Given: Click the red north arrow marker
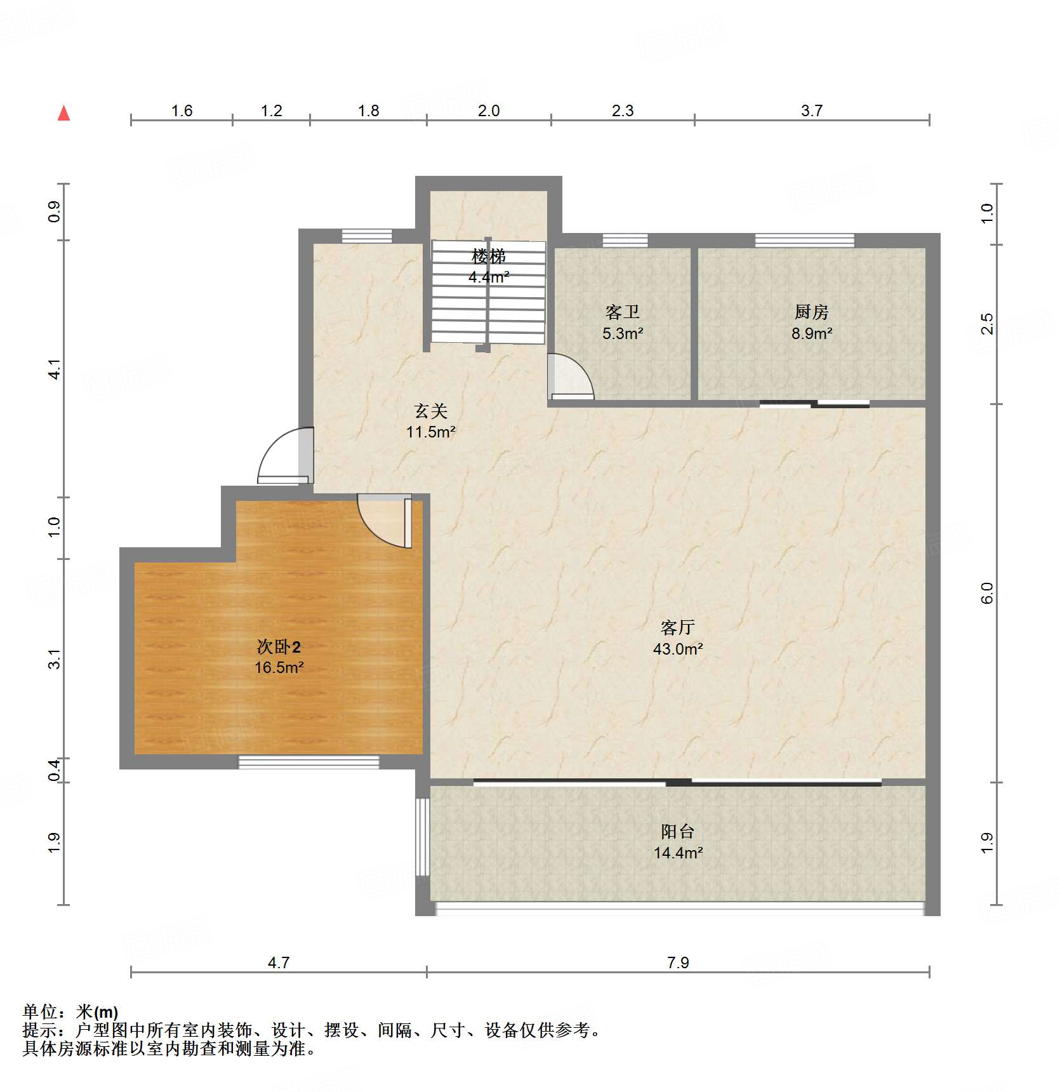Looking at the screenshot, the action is (63, 113).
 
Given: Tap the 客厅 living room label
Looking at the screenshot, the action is (677, 628).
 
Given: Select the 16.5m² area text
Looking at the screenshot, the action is (279, 668).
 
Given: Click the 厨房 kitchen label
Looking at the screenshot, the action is (811, 312).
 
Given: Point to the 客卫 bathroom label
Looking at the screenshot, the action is (622, 312).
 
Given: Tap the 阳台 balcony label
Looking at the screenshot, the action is (677, 832).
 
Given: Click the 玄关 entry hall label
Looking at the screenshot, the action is (431, 411).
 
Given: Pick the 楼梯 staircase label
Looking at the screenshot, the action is (488, 256).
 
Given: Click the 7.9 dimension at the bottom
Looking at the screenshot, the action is (678, 963).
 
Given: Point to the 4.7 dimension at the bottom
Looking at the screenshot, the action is (278, 963).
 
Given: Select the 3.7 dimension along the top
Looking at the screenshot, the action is (811, 111).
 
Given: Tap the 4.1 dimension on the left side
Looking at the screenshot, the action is (55, 370).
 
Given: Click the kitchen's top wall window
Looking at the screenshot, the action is (804, 241).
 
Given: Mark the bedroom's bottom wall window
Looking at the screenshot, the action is (308, 762).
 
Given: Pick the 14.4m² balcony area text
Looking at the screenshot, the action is (678, 853).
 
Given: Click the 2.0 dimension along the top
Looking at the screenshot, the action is (488, 111).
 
